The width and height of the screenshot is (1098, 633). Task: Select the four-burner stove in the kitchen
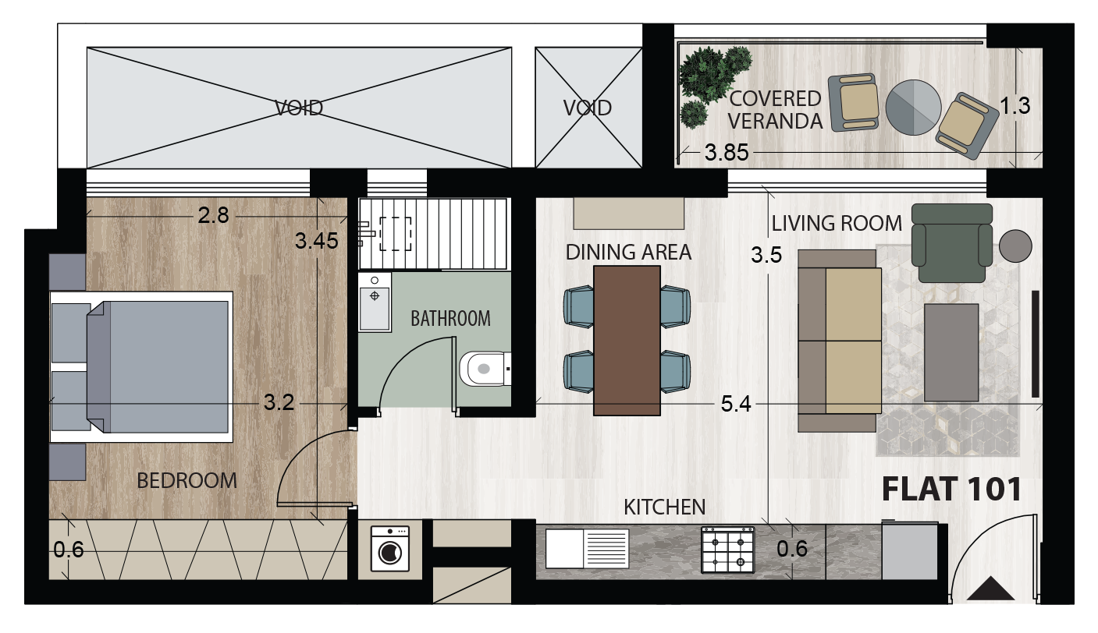727,550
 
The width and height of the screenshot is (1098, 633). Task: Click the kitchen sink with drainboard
587,549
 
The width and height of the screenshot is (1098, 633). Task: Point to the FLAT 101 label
951,490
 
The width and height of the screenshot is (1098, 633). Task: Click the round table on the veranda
913,107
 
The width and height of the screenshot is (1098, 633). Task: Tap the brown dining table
627,340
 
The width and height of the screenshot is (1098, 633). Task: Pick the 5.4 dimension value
736,404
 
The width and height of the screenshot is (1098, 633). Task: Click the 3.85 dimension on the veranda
727,153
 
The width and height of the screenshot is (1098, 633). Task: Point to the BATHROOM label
450,318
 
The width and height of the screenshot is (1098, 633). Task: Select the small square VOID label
587,108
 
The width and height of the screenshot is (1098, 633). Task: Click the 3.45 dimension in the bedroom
316,241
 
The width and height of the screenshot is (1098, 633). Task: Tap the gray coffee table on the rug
951,352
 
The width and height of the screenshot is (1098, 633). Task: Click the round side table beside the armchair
1015,246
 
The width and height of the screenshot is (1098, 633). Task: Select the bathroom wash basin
375,302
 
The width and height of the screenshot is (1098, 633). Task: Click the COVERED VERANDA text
775,110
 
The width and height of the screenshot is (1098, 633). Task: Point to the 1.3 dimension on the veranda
1015,107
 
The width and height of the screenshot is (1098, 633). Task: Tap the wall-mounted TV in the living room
1035,344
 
